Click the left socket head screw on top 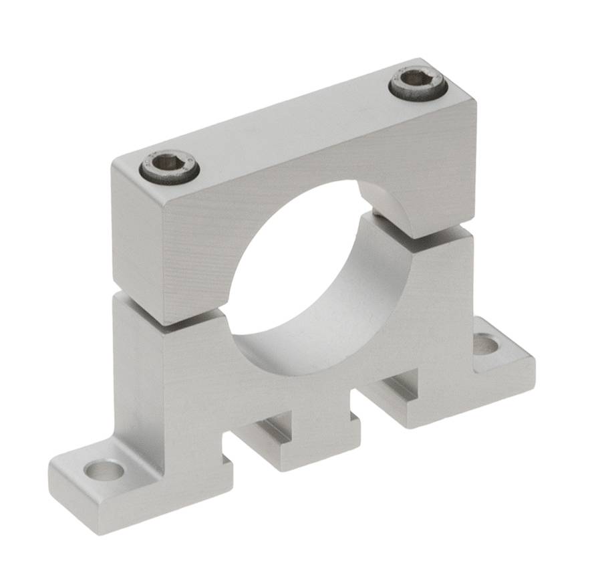(x=169, y=166)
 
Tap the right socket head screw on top (x=418, y=84)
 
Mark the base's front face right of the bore (x=441, y=294)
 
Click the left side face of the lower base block (x=137, y=374)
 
